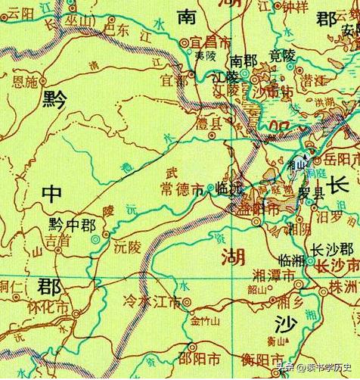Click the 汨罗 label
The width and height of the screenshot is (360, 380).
[331, 216]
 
